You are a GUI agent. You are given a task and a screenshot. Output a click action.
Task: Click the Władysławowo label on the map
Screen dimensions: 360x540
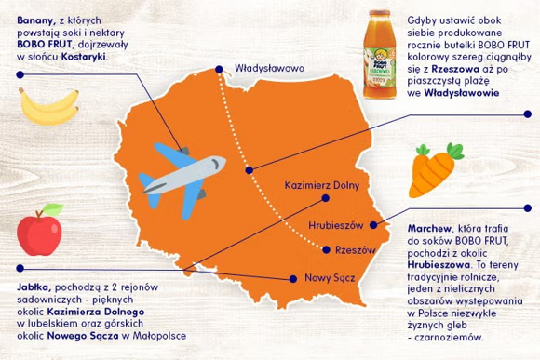pos(271,68)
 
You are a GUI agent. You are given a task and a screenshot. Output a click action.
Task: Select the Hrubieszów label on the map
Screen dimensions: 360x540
pos(342,226)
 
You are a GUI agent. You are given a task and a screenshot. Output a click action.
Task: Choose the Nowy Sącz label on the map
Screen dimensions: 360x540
pos(325,278)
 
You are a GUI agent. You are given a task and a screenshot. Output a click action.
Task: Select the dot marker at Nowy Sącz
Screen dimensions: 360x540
pos(293,276)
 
